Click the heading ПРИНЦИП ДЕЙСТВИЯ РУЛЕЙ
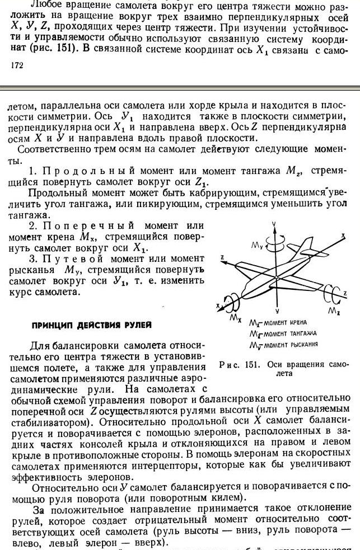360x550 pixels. [x=92, y=325]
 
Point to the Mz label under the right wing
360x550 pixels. [x=333, y=310]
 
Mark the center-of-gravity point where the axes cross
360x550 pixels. [x=277, y=278]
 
